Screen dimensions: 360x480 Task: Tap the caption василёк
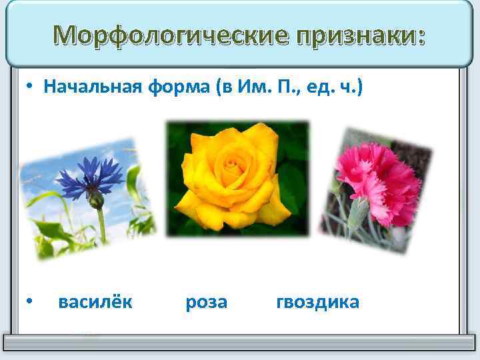[95, 302]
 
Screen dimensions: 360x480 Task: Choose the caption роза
[207, 302]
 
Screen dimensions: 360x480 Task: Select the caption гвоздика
[317, 302]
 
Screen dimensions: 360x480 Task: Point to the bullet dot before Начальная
[31, 87]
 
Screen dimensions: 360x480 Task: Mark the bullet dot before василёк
[31, 303]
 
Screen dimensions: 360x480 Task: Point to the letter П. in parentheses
[275, 87]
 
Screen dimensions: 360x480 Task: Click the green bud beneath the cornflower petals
[97, 200]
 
